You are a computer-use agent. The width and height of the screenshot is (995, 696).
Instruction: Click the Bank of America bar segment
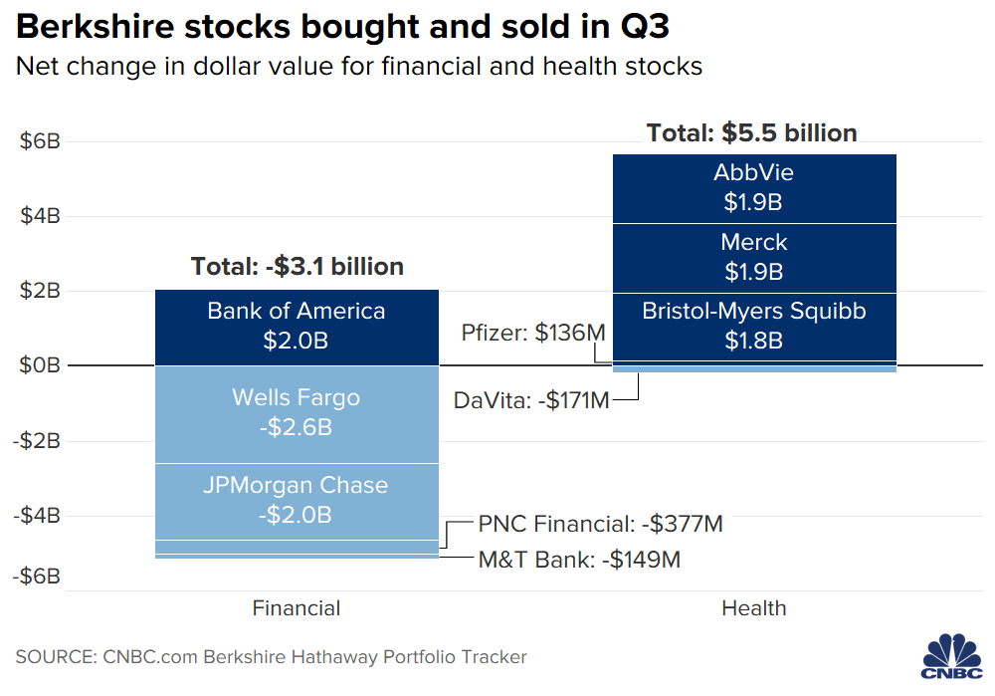[x=297, y=327]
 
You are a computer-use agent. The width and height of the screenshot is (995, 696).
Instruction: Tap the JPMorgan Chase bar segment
[x=297, y=501]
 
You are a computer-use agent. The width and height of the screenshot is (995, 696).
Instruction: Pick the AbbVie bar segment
[x=753, y=188]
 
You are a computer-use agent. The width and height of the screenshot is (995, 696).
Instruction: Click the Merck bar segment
[x=753, y=257]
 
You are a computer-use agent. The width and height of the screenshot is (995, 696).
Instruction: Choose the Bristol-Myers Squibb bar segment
[x=753, y=326]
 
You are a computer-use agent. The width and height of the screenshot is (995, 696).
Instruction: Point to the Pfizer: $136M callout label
[x=533, y=333]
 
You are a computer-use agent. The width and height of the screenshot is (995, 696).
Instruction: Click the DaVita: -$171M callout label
[x=531, y=400]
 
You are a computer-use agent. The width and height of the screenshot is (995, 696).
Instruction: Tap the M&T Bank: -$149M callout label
[x=579, y=560]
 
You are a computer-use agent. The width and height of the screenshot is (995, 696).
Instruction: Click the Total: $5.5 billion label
[x=751, y=133]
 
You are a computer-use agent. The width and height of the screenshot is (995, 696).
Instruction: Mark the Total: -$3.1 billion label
[x=297, y=267]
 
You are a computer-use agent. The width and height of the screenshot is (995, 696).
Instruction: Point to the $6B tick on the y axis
[x=41, y=141]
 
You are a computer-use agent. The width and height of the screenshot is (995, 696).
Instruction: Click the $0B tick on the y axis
[x=41, y=365]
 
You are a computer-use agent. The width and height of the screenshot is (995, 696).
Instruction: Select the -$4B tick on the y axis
[x=38, y=516]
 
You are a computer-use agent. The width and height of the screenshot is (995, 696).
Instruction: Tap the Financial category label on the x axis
[x=297, y=608]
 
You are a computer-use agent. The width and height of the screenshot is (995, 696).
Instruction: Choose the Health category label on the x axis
[x=753, y=608]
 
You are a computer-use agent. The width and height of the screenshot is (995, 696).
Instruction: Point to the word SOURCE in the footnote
[x=55, y=657]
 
